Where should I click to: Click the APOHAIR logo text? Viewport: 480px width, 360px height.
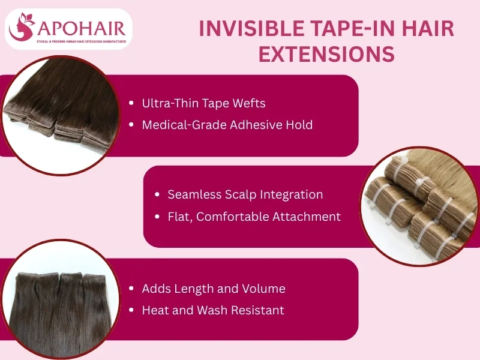[80, 28]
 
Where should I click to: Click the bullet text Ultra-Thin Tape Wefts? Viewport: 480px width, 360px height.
[203, 103]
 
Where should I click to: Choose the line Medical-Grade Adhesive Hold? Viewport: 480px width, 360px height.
[227, 125]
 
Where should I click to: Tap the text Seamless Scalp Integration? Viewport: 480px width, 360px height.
[245, 194]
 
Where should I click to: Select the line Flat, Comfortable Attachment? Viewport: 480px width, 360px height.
[254, 216]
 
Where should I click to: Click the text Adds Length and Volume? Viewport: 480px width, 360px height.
[213, 289]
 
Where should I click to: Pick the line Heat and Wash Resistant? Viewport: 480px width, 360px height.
[212, 310]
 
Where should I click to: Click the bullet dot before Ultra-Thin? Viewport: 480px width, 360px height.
[131, 103]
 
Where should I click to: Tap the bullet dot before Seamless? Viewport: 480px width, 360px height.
[157, 194]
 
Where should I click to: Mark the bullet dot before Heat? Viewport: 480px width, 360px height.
[131, 310]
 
